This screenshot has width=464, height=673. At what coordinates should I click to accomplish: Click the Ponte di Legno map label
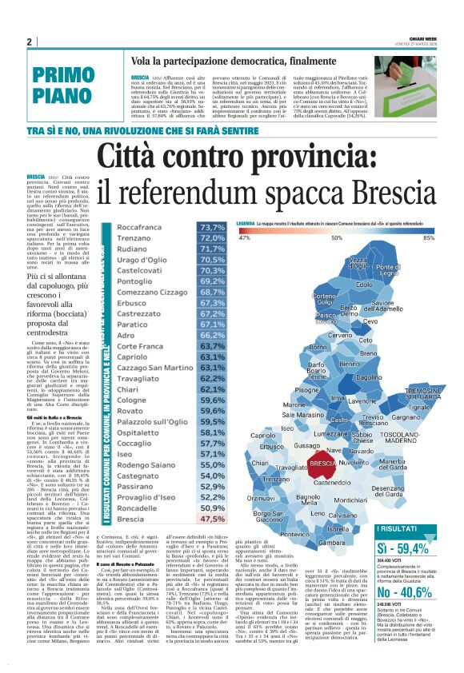click(410, 270)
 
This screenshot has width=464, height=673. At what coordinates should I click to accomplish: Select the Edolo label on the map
click(364, 285)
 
